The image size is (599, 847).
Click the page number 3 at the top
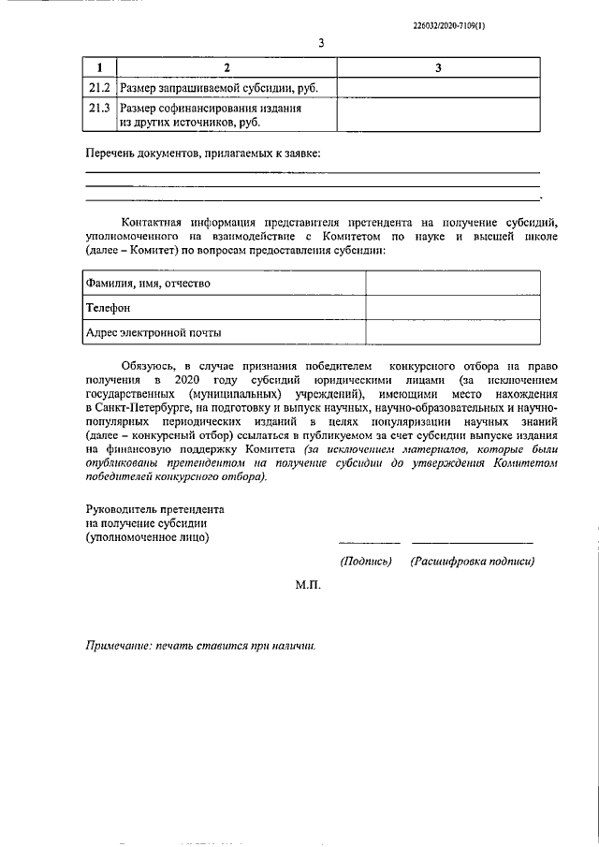321,43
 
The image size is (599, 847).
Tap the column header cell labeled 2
225,68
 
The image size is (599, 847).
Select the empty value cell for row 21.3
437,115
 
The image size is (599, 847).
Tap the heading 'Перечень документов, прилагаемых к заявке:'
202,153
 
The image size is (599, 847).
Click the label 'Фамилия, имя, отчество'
148,283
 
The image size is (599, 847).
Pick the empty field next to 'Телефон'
452,307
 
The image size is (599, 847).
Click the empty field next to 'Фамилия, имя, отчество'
452,283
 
